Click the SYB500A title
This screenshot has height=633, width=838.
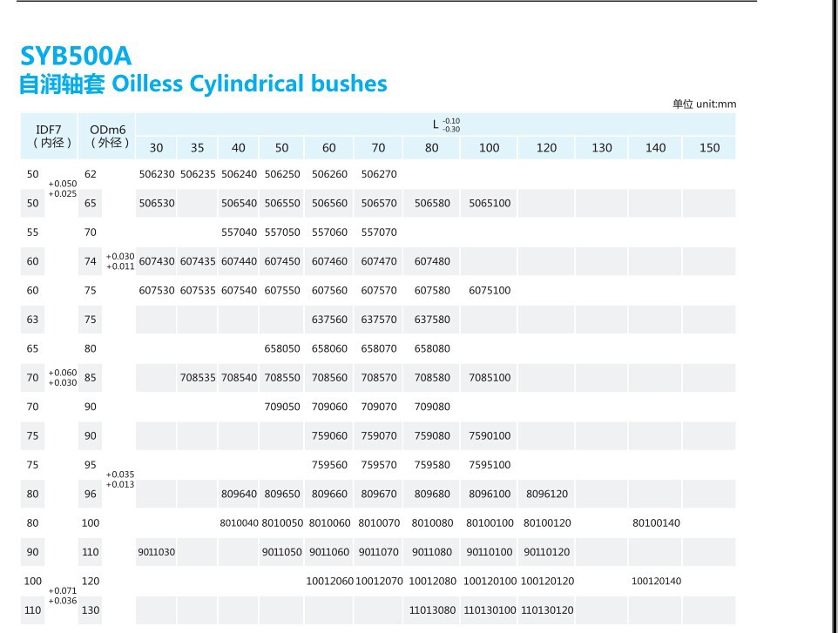tap(76, 56)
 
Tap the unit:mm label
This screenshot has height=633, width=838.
tap(704, 104)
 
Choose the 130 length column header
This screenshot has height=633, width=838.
tap(602, 148)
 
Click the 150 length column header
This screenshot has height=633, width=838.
tap(709, 148)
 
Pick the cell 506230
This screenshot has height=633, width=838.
tap(157, 174)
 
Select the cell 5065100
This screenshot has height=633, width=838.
tap(490, 203)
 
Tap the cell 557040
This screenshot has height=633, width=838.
tap(239, 232)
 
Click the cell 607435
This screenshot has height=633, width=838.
tap(198, 261)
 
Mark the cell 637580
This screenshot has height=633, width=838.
tap(432, 320)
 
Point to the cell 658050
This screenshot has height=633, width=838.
tap(281, 348)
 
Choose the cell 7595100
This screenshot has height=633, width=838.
tap(490, 465)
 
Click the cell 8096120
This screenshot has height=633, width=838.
tap(546, 494)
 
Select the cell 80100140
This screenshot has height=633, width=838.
tap(656, 523)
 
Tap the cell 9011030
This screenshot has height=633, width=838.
tap(156, 552)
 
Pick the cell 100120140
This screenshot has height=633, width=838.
tap(656, 581)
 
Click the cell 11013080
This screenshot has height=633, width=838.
tap(432, 610)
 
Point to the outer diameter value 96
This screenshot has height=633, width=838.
tap(91, 494)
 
